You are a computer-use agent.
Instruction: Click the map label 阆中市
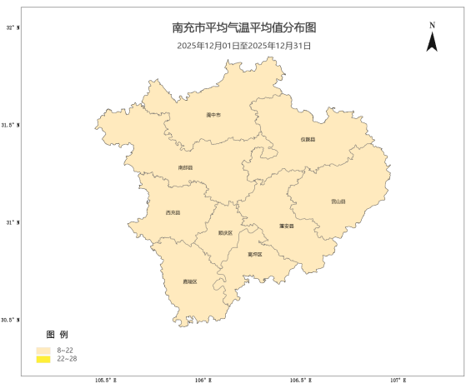tap(213, 115)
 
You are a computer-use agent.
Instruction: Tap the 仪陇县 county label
tap(308, 139)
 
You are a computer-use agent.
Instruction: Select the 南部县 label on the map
tap(185, 167)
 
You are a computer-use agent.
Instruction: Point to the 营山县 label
tap(338, 201)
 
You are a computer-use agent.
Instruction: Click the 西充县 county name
tap(173, 213)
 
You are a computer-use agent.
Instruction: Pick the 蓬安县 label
tap(286, 226)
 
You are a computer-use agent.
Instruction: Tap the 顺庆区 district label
tap(225, 233)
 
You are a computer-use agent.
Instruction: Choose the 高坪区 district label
tap(254, 254)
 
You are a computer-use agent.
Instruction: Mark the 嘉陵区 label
tap(190, 281)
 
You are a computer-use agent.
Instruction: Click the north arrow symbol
tap(432, 41)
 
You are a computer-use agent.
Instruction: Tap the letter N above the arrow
tap(432, 25)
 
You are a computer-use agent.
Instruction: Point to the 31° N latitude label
tap(12, 222)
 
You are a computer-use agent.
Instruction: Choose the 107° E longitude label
tap(398, 379)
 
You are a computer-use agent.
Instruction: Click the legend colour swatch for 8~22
tap(43, 351)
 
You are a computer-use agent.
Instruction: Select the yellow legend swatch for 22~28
tap(43, 359)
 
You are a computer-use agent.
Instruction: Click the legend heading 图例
tap(57, 334)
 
